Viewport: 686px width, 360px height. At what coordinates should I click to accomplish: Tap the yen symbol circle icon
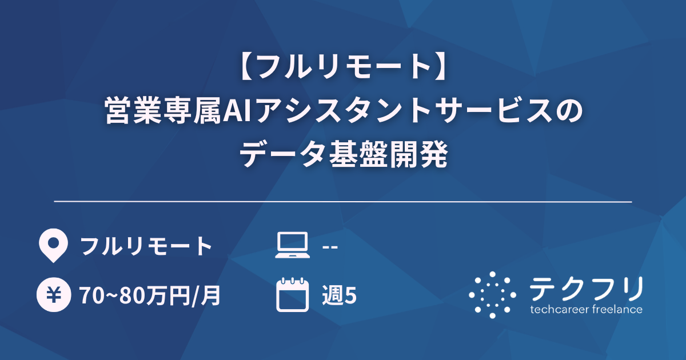tap(53, 295)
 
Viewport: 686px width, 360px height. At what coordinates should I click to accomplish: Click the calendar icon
tap(292, 295)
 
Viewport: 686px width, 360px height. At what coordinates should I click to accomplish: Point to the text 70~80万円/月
tap(150, 295)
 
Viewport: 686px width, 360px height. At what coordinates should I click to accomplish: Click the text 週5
tap(339, 295)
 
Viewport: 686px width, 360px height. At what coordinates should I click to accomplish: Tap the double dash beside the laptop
tap(330, 247)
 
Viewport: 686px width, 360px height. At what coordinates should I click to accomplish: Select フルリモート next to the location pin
tap(146, 247)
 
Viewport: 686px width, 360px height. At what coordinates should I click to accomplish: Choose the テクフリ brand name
tap(586, 289)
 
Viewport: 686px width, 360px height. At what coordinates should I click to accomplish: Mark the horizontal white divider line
tap(343, 202)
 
